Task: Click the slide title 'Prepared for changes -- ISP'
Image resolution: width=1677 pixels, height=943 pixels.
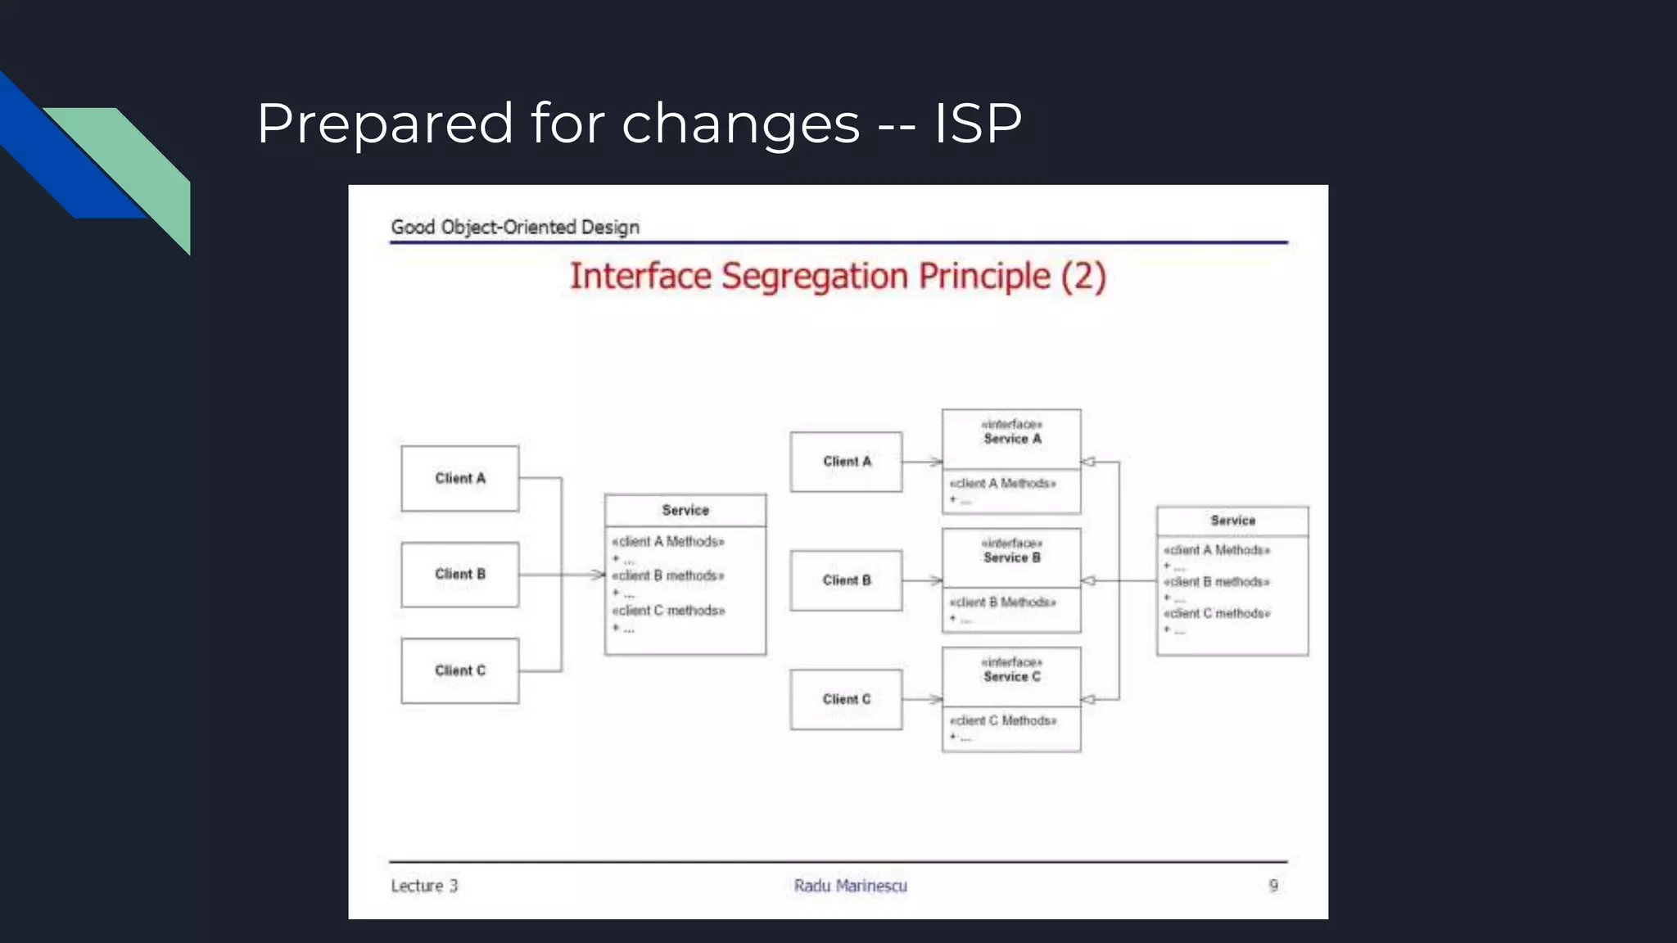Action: pos(639,124)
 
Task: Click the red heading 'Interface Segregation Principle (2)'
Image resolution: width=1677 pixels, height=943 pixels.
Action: pos(837,277)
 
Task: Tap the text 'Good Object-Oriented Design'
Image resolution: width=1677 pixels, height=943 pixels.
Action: pos(514,227)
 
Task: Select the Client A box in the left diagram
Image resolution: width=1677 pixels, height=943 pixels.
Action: pos(459,478)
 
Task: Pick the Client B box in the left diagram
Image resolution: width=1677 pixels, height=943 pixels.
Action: pos(459,574)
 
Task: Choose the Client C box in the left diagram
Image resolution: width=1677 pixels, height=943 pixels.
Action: pos(459,670)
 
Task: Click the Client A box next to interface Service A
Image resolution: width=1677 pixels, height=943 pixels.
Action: pos(846,462)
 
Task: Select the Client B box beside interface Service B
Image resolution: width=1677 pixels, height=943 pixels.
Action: pos(846,580)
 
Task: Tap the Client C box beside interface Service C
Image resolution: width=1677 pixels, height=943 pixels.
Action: pos(846,699)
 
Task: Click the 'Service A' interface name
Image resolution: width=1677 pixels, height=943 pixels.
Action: pos(1012,439)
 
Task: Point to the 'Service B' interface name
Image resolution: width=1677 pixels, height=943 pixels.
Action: pos(1012,557)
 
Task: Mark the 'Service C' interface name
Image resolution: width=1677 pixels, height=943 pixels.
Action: pos(1012,676)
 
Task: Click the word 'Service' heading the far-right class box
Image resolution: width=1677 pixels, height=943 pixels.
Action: pos(1232,521)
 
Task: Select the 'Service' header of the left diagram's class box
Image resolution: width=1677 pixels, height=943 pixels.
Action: pos(685,510)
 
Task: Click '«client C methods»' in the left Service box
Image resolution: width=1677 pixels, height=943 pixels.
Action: pos(668,611)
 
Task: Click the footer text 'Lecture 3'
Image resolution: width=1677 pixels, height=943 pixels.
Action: pos(424,886)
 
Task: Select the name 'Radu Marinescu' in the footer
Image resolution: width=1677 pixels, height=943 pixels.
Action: pos(850,886)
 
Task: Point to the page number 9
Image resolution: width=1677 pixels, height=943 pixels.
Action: pos(1273,886)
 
